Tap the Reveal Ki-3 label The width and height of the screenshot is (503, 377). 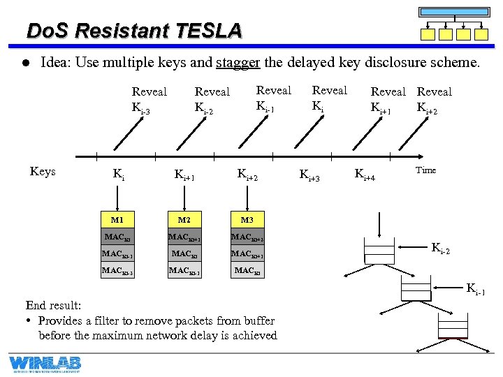(149, 99)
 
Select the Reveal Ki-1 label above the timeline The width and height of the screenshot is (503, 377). (273, 98)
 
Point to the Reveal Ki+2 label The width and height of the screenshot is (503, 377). (434, 99)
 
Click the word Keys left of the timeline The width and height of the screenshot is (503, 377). (43, 172)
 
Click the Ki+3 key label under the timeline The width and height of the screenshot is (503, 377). (309, 175)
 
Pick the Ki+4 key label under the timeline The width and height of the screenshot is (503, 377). (365, 175)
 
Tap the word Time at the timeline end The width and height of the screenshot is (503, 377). (425, 170)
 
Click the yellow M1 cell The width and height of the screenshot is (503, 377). (117, 220)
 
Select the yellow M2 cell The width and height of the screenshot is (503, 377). (185, 220)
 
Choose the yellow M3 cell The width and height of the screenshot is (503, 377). (247, 220)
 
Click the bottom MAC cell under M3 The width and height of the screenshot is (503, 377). (247, 270)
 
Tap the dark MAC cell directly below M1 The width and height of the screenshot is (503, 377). (117, 237)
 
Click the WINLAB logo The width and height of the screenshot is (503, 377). (45, 364)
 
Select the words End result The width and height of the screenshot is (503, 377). (53, 305)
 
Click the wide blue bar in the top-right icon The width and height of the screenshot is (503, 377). (454, 12)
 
